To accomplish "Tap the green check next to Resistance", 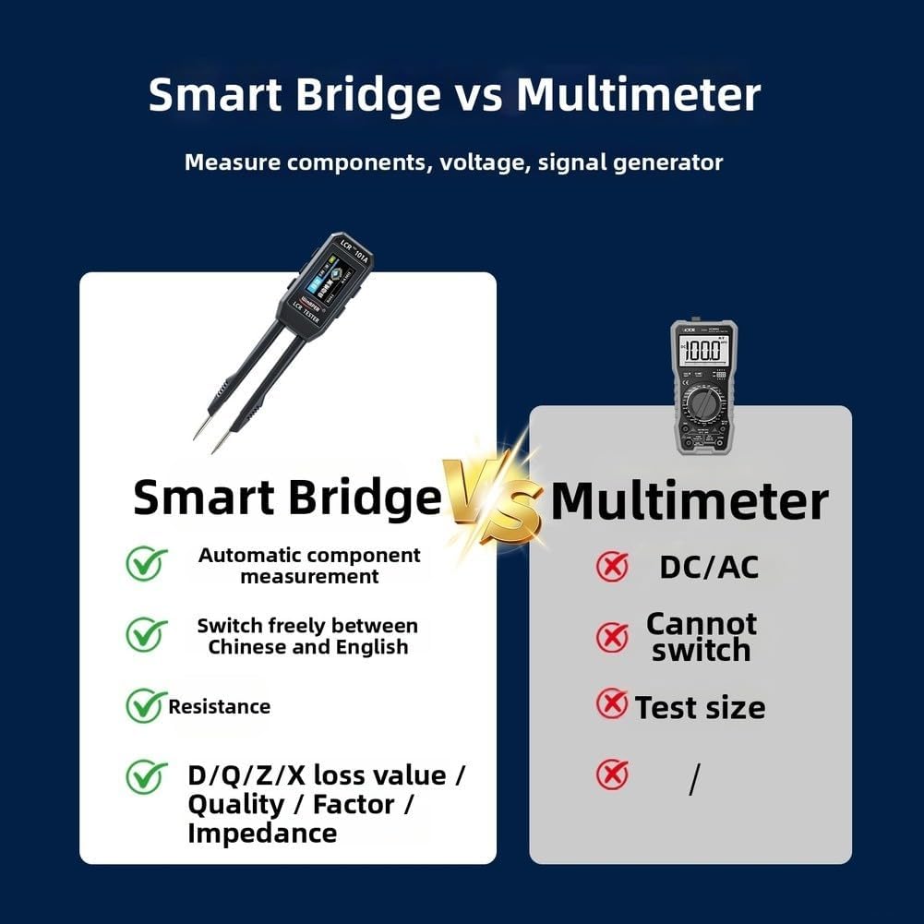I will [145, 706].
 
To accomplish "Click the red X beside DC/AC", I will [611, 567].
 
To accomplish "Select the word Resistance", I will [219, 707].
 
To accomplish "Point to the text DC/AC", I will [708, 567].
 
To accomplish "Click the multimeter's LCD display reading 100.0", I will [702, 351].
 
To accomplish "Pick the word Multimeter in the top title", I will [638, 95].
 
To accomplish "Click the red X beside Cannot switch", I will [611, 637].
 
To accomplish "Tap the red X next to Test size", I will [611, 705].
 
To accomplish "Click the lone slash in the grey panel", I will [694, 780].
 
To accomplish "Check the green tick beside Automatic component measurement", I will [146, 563].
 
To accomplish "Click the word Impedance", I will [262, 834].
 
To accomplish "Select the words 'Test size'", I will [700, 708].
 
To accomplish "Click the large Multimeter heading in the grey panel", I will [689, 501].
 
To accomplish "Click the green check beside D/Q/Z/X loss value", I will [146, 776].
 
